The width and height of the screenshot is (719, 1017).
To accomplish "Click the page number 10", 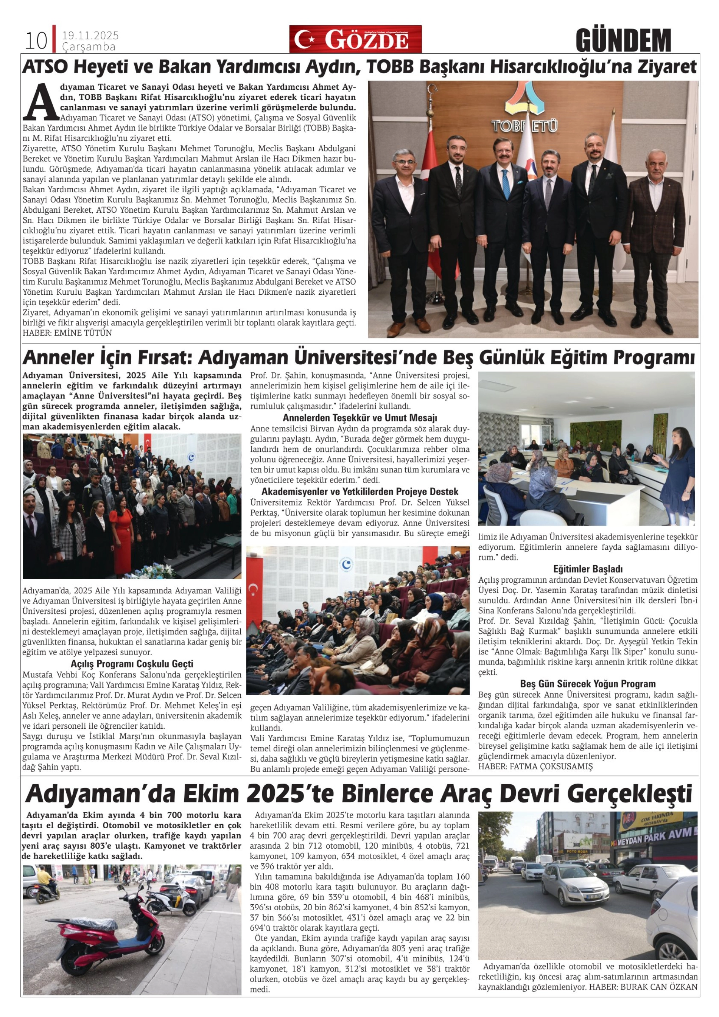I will [x=36, y=40].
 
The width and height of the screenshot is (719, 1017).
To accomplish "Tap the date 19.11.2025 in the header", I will [x=90, y=36].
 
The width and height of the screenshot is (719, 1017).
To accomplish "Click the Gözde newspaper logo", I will [x=355, y=39].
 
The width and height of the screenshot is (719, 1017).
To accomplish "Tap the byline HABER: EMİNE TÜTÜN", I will [x=67, y=333].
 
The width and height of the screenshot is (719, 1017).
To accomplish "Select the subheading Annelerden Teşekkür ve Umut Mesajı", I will [x=360, y=418].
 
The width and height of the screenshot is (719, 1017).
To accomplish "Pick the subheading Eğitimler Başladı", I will [x=587, y=569].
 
